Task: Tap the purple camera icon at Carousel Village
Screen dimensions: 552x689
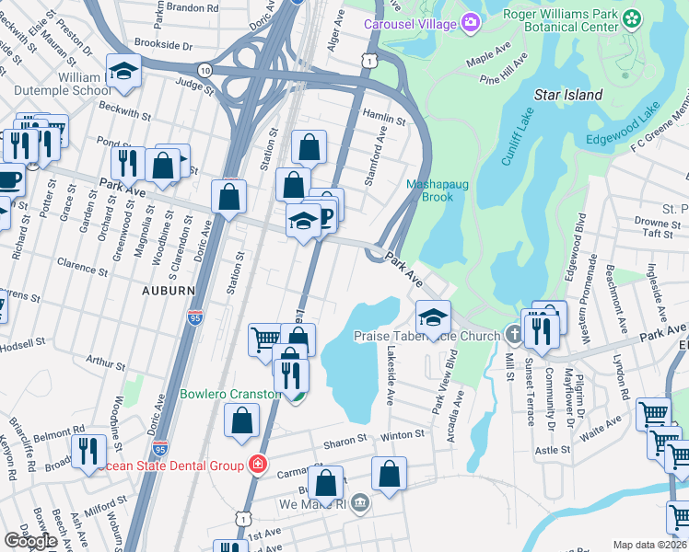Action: click(471, 21)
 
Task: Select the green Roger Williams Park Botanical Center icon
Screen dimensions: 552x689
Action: click(631, 19)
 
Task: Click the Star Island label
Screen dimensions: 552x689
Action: click(568, 95)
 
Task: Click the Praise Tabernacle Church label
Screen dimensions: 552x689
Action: click(428, 337)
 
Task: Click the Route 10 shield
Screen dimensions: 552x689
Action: click(204, 70)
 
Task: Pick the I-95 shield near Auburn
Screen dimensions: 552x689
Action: click(194, 316)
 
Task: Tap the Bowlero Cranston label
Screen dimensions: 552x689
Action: click(229, 394)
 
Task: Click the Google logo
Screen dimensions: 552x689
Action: click(30, 541)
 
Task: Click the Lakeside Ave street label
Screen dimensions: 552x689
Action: click(390, 377)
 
